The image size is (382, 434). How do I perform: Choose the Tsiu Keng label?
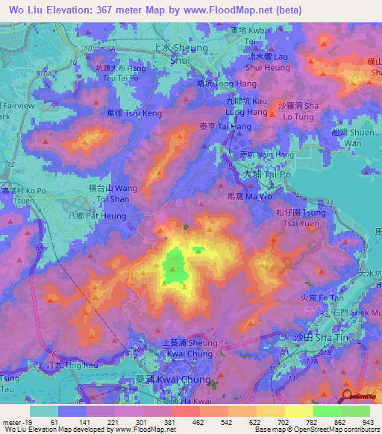(x=134, y=114)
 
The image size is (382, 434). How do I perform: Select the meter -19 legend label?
(x=16, y=421)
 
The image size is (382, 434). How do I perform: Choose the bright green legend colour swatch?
(x=327, y=411)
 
